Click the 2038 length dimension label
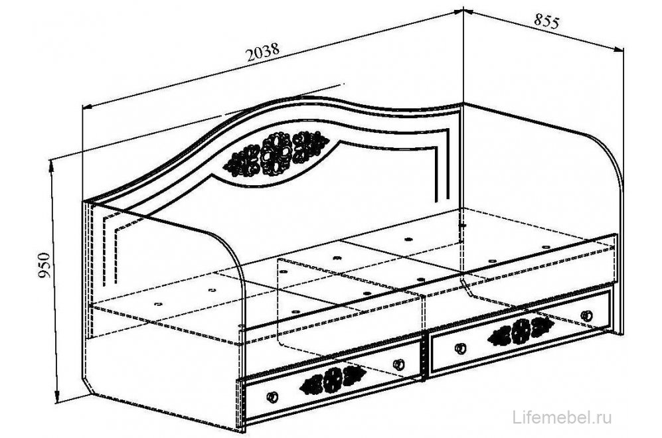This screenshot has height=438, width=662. (x=262, y=52)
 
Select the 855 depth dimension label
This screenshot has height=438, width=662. (x=546, y=21)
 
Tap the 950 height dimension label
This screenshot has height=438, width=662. (x=44, y=265)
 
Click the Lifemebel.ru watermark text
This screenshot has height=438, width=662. (x=562, y=417)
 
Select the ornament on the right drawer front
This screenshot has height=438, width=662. (x=521, y=330)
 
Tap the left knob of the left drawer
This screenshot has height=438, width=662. (x=272, y=397)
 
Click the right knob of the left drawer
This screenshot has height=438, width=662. (x=398, y=364)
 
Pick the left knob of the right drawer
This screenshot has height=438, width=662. (x=460, y=348)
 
